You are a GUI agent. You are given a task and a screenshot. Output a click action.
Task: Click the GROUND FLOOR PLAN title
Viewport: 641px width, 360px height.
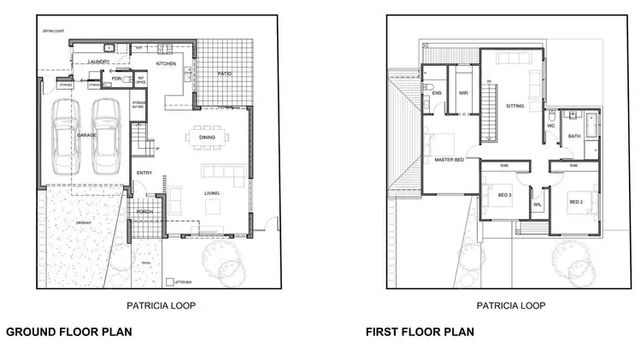click(69, 331)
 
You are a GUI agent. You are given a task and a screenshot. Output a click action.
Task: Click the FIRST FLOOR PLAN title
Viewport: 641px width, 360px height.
click(420, 331)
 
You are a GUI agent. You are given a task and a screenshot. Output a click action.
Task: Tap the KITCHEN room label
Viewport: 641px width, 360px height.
click(167, 64)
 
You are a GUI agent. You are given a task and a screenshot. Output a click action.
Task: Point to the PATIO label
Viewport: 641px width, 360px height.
click(224, 73)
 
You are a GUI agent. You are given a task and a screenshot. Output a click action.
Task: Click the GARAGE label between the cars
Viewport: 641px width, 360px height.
click(85, 135)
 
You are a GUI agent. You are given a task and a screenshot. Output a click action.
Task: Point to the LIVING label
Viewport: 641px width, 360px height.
click(212, 193)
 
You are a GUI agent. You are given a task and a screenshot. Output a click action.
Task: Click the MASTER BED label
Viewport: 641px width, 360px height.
click(449, 160)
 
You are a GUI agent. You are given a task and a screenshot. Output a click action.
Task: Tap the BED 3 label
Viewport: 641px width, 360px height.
click(503, 196)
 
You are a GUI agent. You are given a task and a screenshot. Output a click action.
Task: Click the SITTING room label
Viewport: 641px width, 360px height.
click(515, 106)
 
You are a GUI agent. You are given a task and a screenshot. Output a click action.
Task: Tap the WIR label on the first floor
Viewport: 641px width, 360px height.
click(462, 93)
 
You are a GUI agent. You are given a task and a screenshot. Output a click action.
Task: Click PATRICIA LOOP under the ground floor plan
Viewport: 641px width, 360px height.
click(153, 304)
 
